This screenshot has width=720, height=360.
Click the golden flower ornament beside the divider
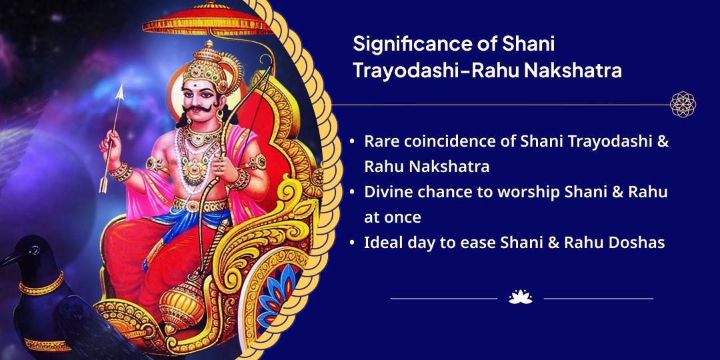(683, 105)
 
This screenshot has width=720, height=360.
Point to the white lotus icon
(520, 297)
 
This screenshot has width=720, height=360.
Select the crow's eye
(33, 250)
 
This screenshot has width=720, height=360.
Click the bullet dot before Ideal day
(352, 242)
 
